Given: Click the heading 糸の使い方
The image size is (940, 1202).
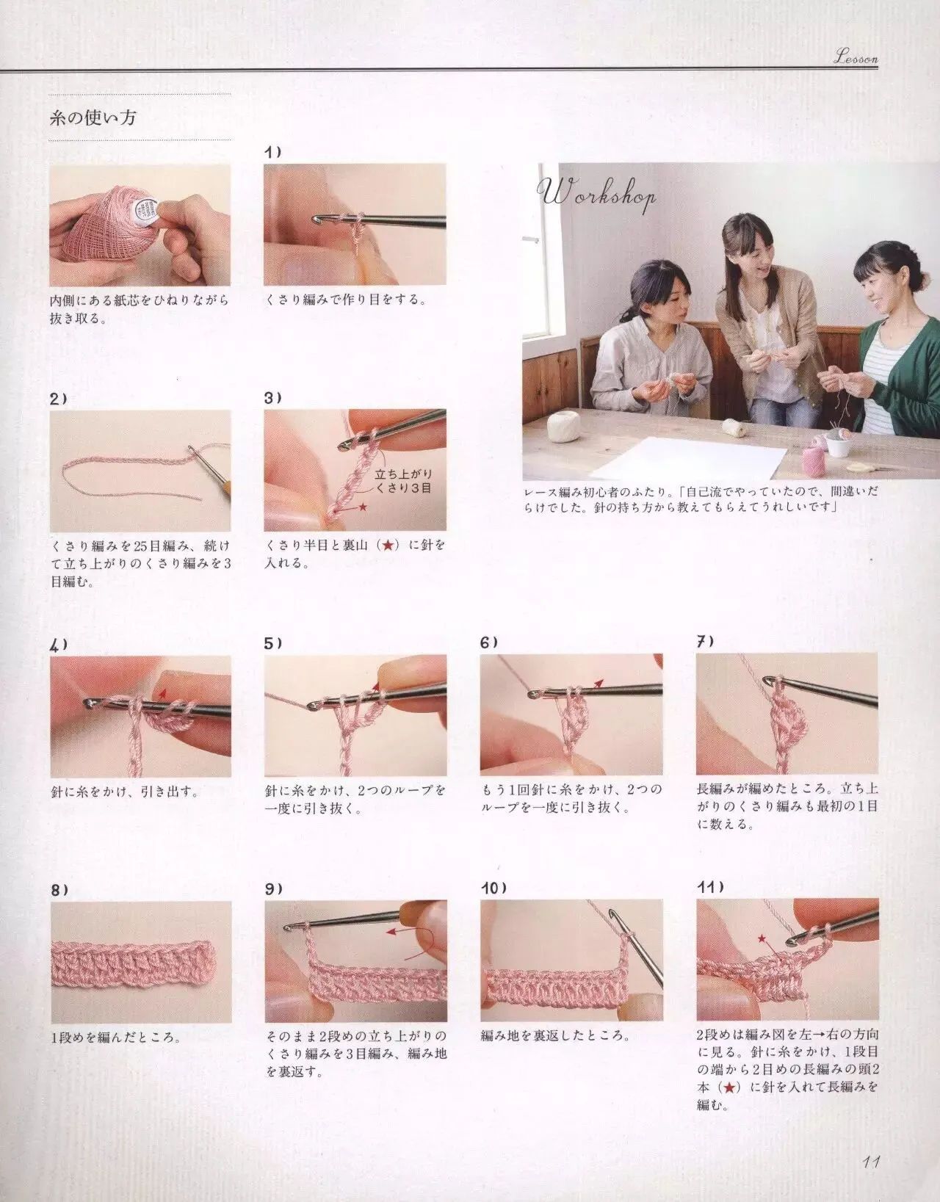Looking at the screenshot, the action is tap(93, 117).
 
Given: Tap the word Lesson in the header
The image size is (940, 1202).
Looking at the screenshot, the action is tap(856, 57).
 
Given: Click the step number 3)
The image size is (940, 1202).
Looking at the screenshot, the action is tap(273, 398).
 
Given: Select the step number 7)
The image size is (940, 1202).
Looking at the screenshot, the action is tap(705, 642).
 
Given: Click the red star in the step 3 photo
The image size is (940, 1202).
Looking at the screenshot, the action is tap(363, 506).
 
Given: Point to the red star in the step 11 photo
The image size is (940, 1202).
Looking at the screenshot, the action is tap(762, 938).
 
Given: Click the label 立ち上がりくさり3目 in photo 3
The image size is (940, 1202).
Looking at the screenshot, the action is tap(403, 481).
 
